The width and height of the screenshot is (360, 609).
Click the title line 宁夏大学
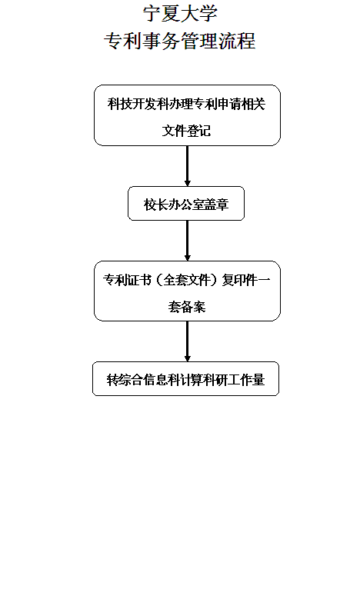180,14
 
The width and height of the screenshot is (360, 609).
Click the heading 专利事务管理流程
180,41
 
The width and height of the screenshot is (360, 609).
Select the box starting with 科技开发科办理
187,115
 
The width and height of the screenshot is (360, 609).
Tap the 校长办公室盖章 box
186,204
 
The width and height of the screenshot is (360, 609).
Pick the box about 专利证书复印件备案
187,291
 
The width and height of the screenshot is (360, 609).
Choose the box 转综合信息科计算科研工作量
185,379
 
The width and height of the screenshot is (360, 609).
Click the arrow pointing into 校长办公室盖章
187,166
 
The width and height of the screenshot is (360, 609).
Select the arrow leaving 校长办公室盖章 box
187,241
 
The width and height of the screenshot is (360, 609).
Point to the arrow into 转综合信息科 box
187,341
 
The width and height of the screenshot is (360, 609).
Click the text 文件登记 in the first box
186,131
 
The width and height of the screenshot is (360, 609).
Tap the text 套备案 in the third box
187,307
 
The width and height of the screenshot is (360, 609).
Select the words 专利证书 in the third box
127,280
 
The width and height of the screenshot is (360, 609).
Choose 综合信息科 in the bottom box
149,379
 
